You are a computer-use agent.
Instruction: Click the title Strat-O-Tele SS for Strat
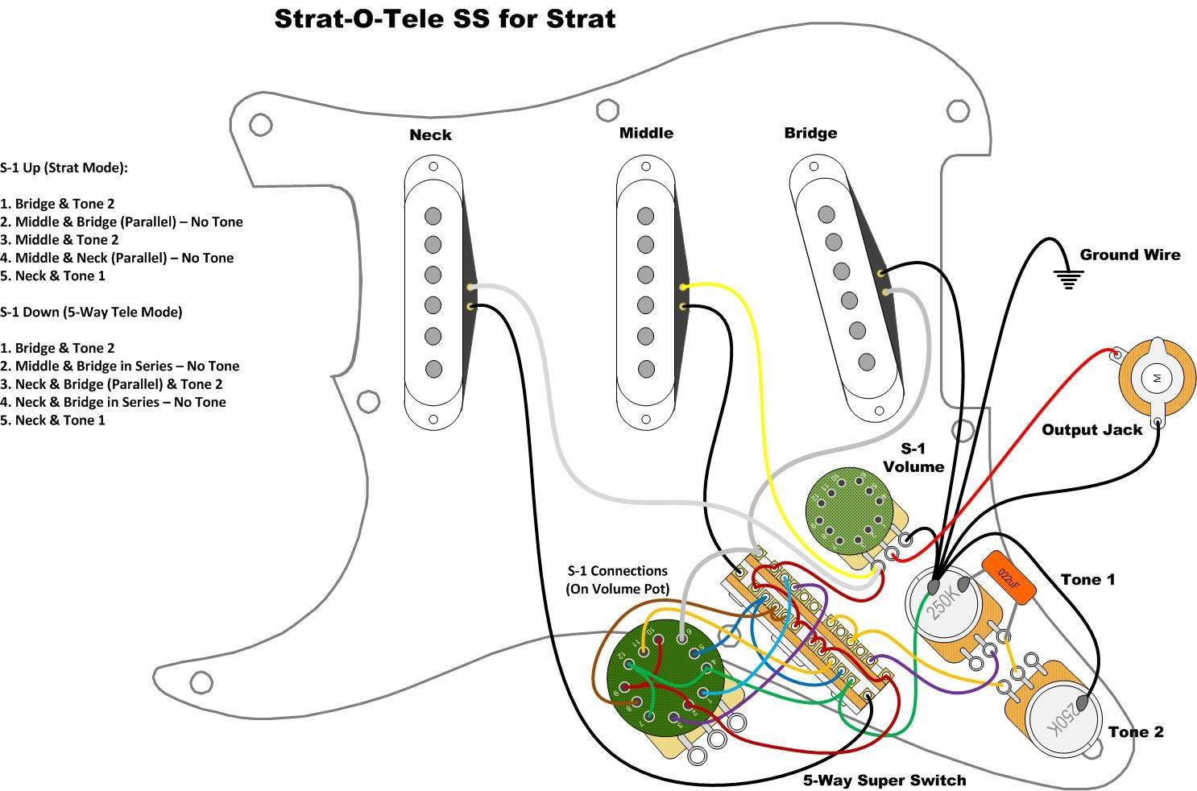coord(445,19)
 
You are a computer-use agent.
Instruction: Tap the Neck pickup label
coord(430,135)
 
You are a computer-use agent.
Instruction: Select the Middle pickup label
coord(646,133)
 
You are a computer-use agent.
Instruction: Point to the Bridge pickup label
coord(810,133)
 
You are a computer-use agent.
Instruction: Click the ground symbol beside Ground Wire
coord(1068,280)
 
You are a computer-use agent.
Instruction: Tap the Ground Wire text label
coord(1129,255)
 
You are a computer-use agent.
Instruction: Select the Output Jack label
coord(1091,430)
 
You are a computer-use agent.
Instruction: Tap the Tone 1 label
coord(1087,579)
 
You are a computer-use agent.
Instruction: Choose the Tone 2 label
coord(1135,731)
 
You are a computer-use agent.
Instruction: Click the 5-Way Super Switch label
coord(884,780)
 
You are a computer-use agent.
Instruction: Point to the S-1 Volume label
coord(913,458)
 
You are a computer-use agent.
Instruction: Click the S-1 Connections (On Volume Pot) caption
coord(617,580)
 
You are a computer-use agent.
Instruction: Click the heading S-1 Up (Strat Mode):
coord(64,168)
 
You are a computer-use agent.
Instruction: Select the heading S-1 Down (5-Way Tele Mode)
coord(91,312)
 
